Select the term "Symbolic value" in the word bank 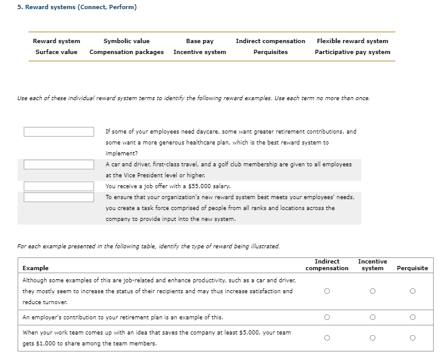click(x=126, y=41)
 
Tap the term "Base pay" click(x=199, y=41)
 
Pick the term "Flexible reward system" click(x=352, y=41)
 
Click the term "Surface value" click(x=56, y=52)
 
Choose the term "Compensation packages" click(x=126, y=52)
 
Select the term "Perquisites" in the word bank click(x=270, y=52)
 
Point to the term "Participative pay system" click(x=352, y=52)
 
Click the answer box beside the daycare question click(x=59, y=132)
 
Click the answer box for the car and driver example click(x=59, y=165)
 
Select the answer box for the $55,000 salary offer click(x=59, y=186)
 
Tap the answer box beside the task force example click(x=59, y=197)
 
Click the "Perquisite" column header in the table click(x=412, y=268)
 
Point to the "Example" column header click(x=35, y=268)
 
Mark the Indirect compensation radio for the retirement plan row click(x=327, y=317)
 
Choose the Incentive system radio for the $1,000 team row click(x=372, y=338)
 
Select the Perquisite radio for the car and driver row click(x=412, y=291)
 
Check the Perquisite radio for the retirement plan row click(x=412, y=317)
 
